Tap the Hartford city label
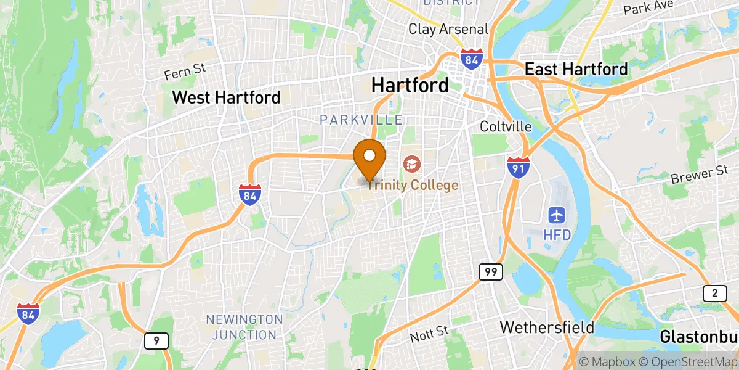[x=410, y=85]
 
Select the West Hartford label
[x=226, y=97]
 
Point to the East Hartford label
[x=576, y=69]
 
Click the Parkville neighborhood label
[x=361, y=120]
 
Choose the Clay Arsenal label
[x=448, y=29]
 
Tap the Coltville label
[x=506, y=126]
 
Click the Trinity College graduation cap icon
[x=410, y=164]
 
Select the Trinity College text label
[x=413, y=185]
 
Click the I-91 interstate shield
[x=519, y=167]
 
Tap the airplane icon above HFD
[x=557, y=216]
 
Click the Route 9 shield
[x=155, y=340]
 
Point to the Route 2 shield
[x=714, y=294]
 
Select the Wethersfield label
[x=547, y=327]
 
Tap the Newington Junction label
[x=244, y=327]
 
